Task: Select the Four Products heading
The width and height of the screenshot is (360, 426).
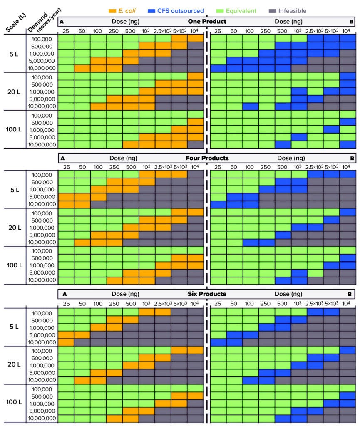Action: [206, 158]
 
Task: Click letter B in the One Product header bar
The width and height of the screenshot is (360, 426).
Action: [351, 21]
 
